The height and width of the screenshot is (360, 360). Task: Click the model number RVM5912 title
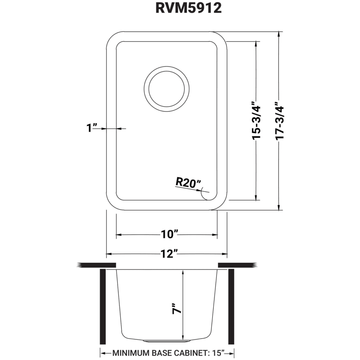[188, 8]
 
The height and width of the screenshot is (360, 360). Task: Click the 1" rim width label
[92, 128]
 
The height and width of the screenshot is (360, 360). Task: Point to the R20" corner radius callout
[188, 183]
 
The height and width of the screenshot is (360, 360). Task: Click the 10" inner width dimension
[170, 234]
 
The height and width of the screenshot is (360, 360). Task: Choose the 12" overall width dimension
[170, 254]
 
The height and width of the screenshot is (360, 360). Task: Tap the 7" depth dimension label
[176, 308]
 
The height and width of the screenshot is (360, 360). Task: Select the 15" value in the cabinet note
[218, 353]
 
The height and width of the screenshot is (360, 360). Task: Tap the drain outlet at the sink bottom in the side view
[166, 341]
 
